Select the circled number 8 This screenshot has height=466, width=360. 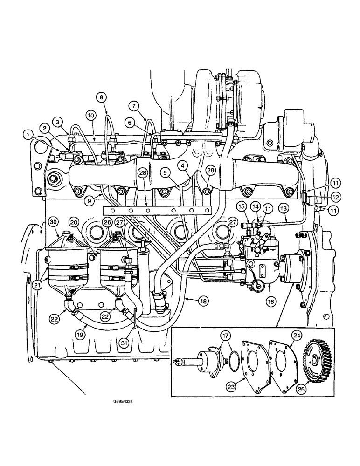[102, 97]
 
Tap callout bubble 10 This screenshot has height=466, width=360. [90, 114]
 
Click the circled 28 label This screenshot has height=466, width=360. [142, 173]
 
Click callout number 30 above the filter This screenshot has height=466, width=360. [53, 221]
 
